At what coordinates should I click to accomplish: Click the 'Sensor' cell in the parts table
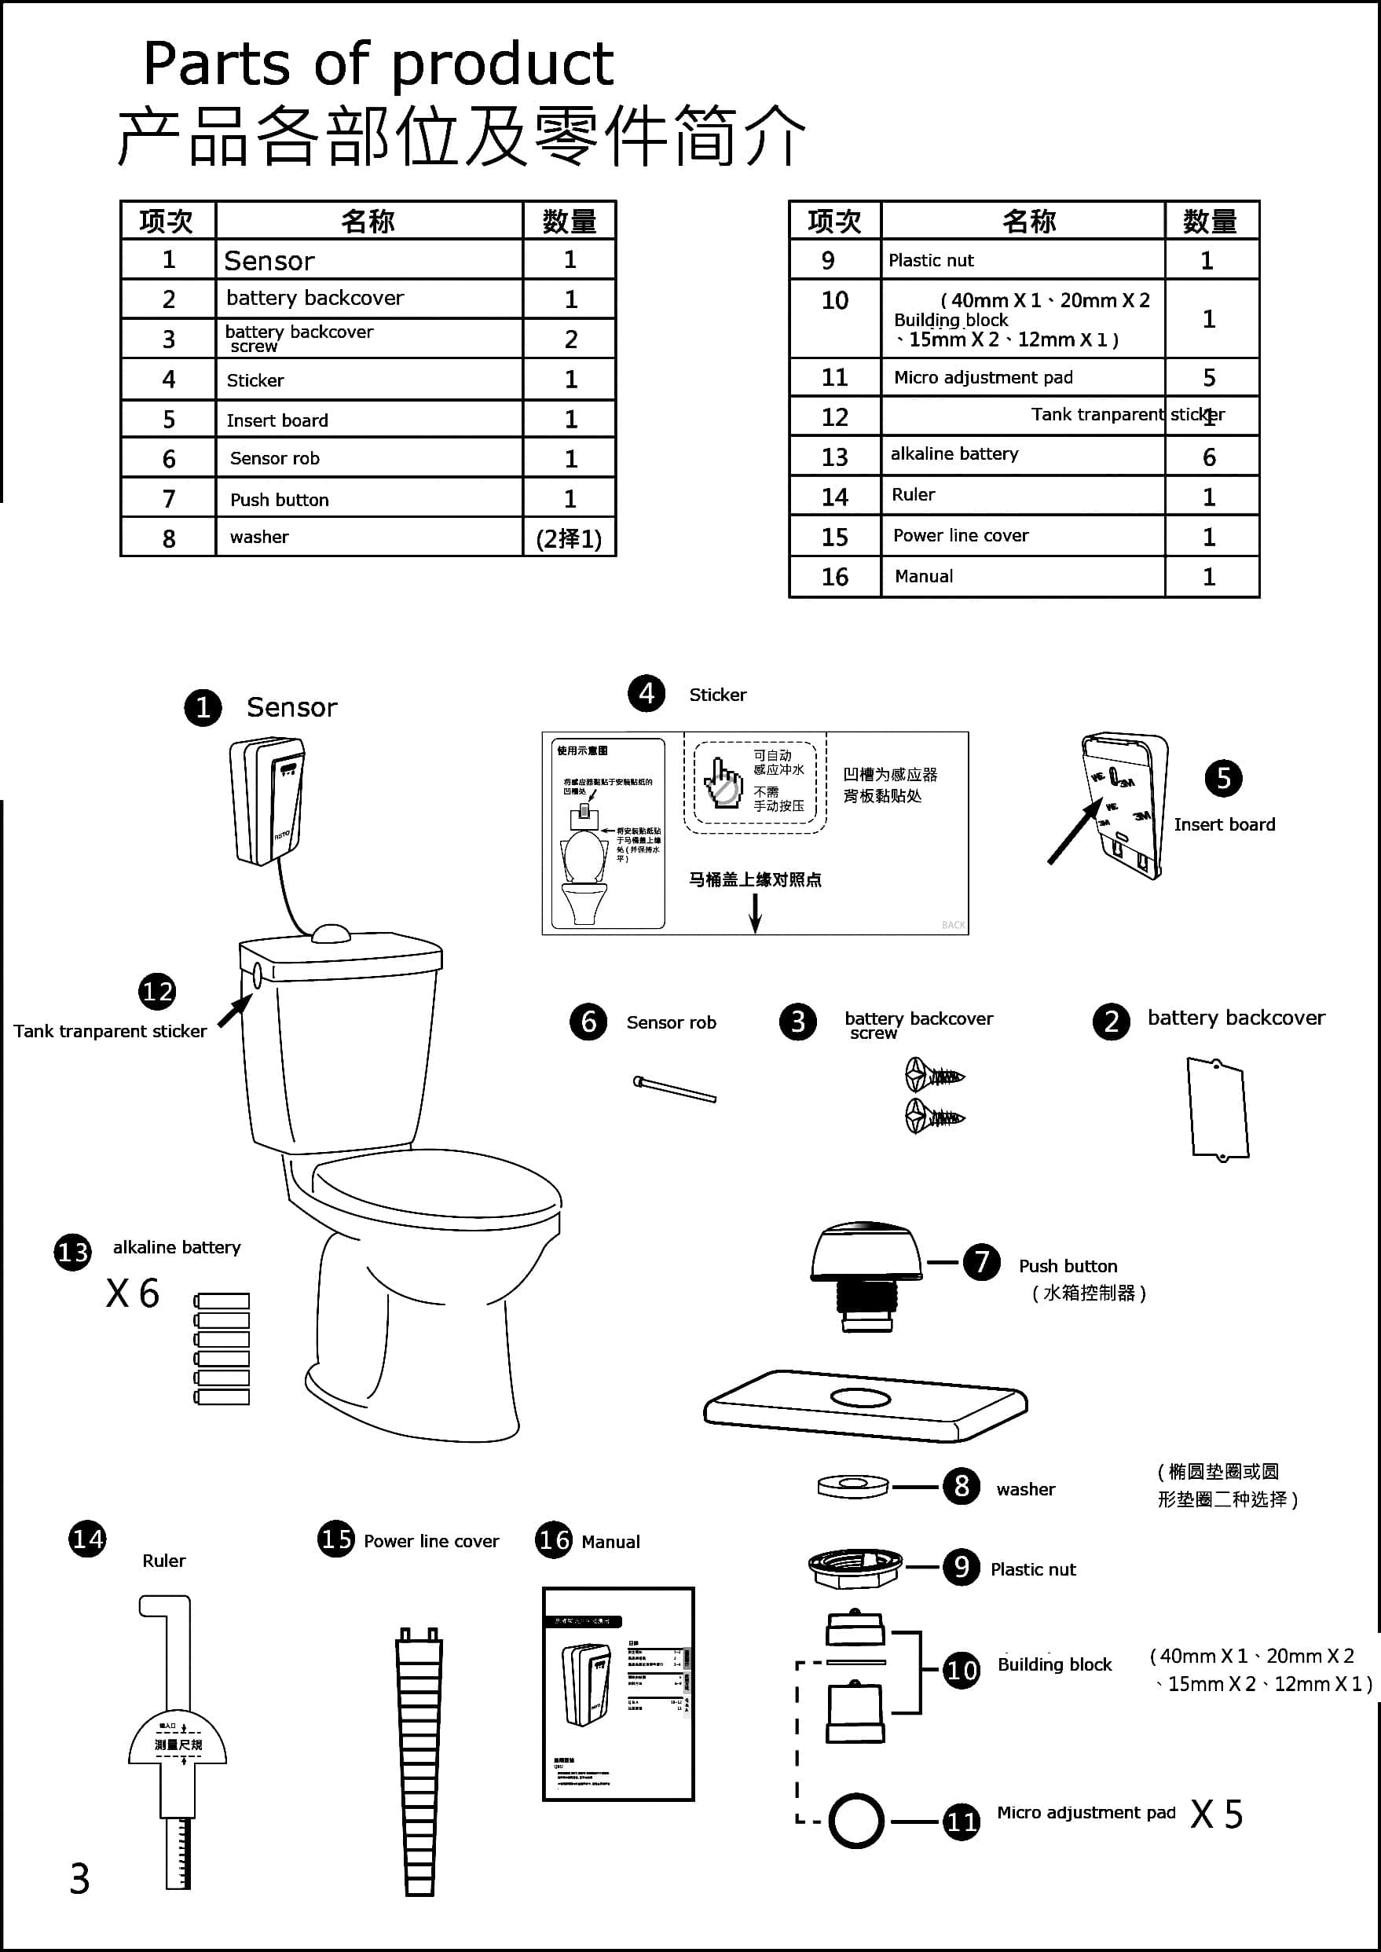pos(269,260)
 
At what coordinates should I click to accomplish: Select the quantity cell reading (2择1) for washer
pos(569,538)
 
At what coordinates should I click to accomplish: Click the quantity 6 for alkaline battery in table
pos(1208,457)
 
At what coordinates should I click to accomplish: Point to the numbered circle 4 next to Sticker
pos(647,693)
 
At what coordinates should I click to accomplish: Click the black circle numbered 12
pos(157,991)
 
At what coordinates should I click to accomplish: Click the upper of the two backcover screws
pos(933,1076)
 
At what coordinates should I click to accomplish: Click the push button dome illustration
pos(865,1252)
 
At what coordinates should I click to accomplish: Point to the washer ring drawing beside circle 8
pos(853,1486)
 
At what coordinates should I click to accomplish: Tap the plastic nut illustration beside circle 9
pos(855,1568)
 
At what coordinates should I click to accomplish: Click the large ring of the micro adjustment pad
pos(856,1820)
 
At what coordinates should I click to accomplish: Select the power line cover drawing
pos(419,1760)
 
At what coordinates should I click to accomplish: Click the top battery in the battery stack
pos(222,1301)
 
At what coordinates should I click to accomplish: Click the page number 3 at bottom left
pos(79,1879)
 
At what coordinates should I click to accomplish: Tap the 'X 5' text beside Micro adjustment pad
pos(1216,1814)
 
